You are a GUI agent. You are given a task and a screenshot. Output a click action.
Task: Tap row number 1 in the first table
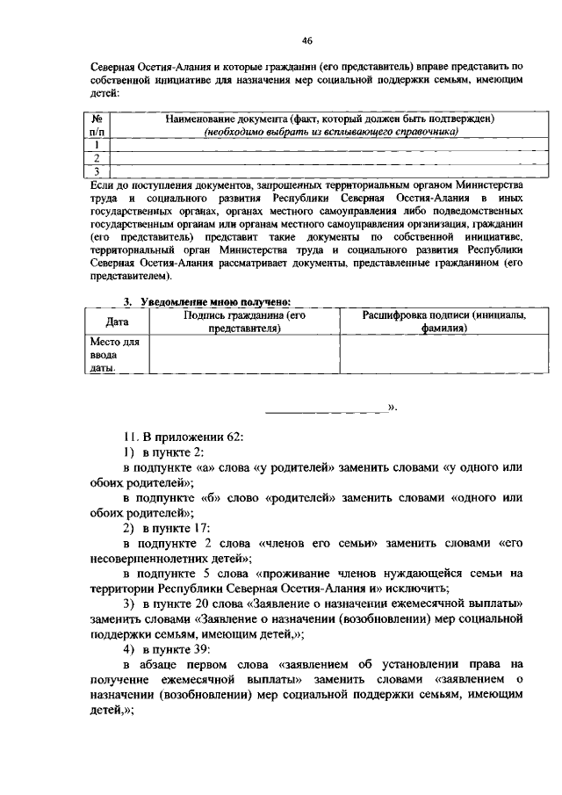(x=99, y=144)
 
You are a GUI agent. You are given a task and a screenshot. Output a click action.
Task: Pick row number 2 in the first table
(x=99, y=157)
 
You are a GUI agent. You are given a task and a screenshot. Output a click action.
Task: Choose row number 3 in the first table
(x=99, y=170)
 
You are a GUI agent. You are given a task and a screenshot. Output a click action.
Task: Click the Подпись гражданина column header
(x=245, y=322)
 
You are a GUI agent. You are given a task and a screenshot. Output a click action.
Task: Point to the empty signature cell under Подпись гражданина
(x=245, y=356)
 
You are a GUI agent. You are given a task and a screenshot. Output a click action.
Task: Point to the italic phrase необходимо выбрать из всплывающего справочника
(x=332, y=132)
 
